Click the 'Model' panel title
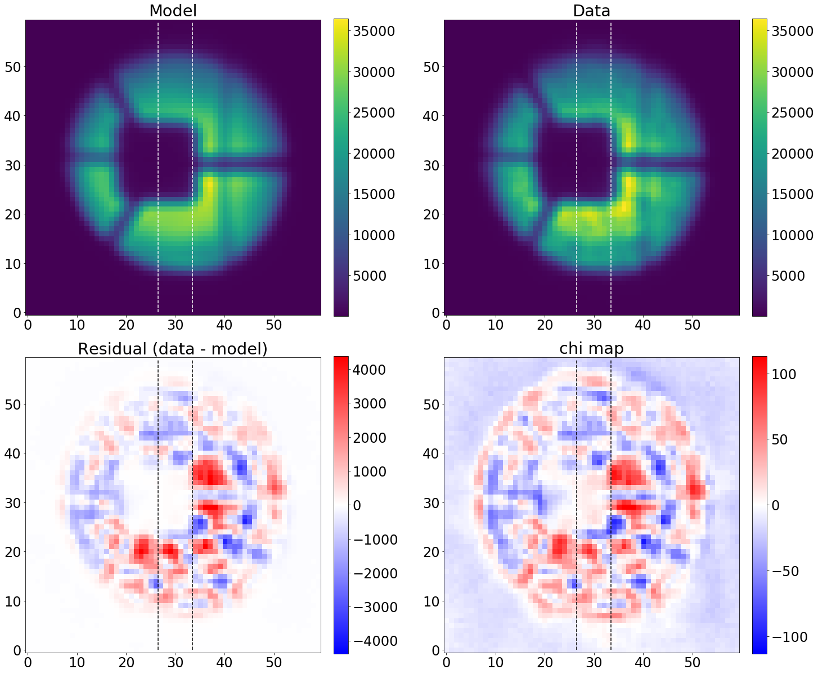[x=173, y=11]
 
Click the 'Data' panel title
[x=591, y=11]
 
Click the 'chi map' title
[x=591, y=349]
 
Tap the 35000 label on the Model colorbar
[x=374, y=31]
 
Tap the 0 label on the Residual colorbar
[x=357, y=505]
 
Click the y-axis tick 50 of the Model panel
[x=13, y=67]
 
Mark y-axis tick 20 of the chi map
[x=432, y=552]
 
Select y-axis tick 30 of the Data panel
[x=432, y=165]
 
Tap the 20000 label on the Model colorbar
[x=374, y=154]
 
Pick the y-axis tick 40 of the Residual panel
[x=13, y=453]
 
